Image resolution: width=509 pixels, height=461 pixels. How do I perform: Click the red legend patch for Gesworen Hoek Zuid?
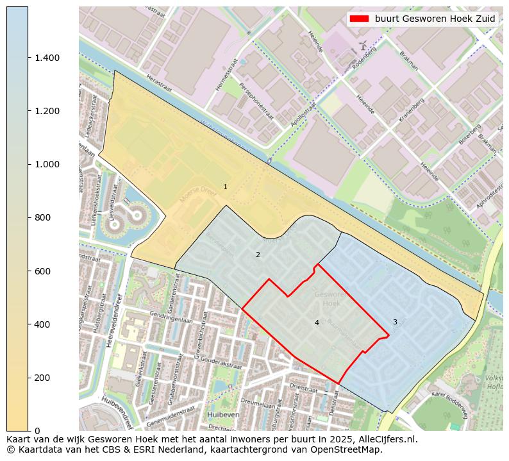click(x=359, y=19)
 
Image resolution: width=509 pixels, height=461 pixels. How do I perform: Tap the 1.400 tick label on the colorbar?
click(x=47, y=58)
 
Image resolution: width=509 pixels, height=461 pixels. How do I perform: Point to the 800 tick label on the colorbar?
click(x=42, y=218)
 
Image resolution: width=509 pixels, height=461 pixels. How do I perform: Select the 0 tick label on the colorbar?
click(x=37, y=431)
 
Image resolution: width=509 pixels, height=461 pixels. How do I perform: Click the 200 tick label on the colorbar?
click(x=42, y=378)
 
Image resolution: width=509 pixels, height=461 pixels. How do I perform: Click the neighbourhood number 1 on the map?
click(x=225, y=187)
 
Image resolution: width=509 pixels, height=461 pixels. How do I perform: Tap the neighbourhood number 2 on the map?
click(x=258, y=255)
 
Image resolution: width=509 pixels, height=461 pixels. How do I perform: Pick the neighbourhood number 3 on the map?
click(x=395, y=322)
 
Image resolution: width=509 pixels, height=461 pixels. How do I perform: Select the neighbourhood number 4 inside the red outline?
click(x=317, y=323)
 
